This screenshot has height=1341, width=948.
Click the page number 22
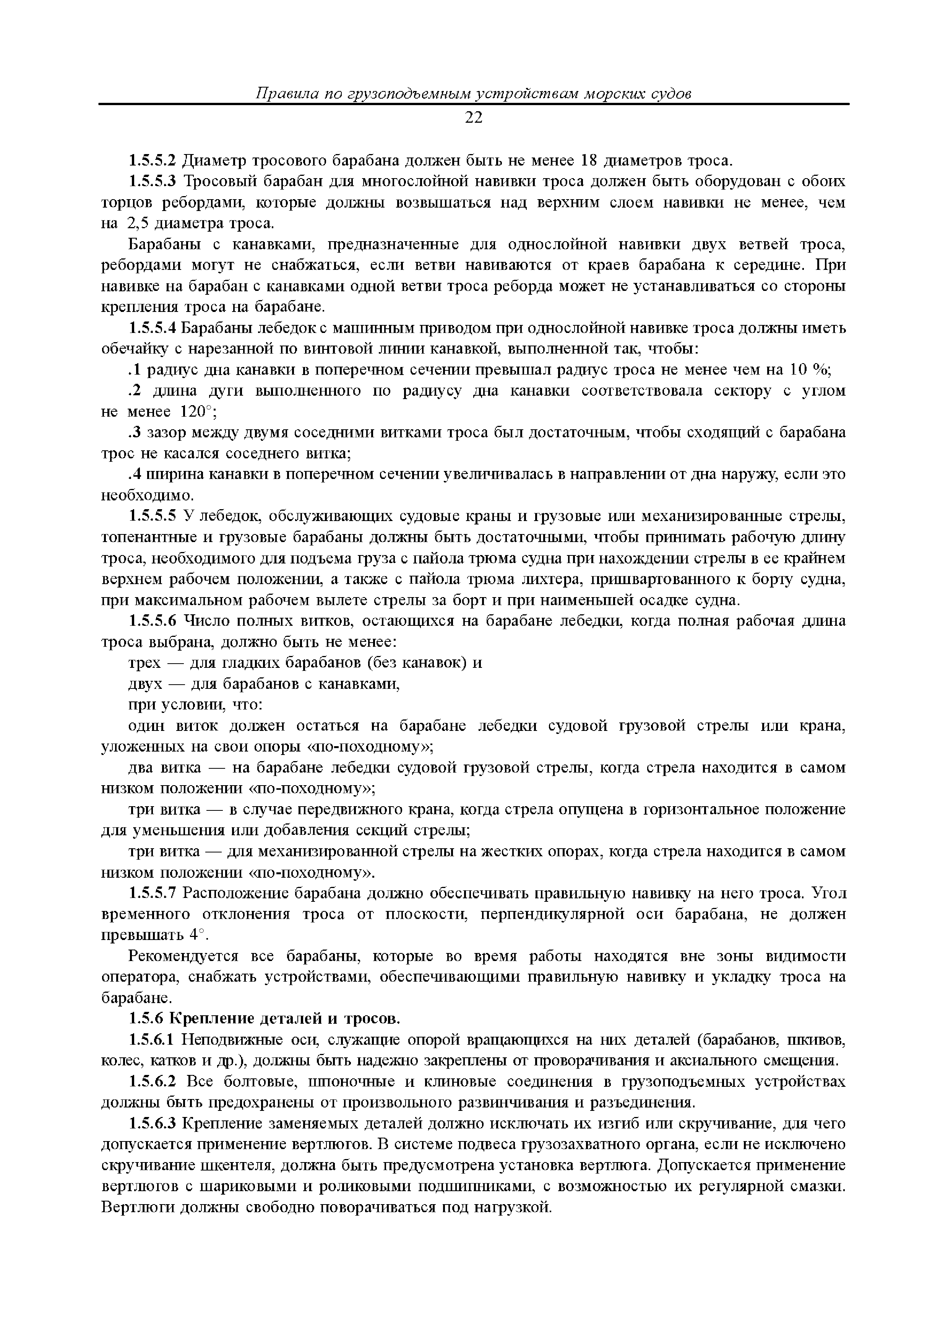(474, 118)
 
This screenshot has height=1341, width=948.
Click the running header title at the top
(474, 93)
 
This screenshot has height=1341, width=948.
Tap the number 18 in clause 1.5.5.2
(588, 160)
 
